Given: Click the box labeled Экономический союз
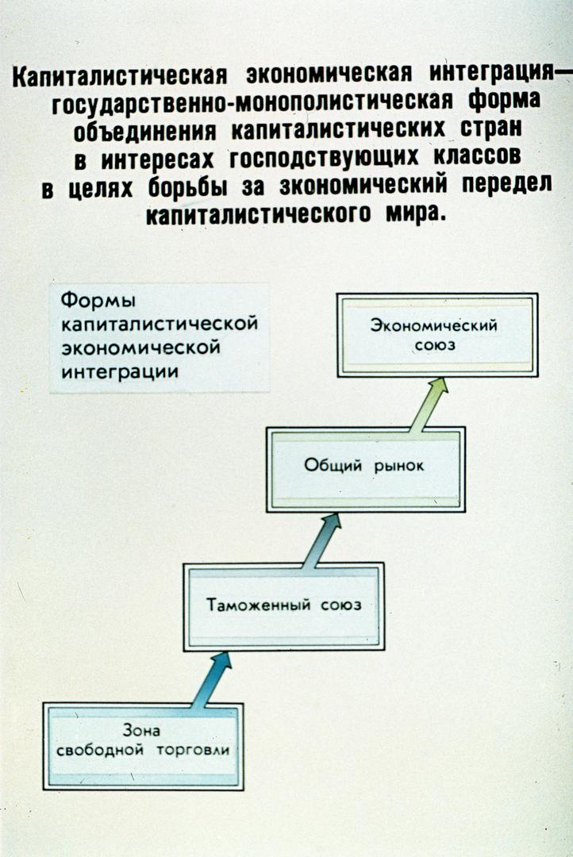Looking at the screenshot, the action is click(x=437, y=335).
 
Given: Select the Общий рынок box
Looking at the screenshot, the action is click(x=366, y=470).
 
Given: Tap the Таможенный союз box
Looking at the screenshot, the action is click(x=284, y=606).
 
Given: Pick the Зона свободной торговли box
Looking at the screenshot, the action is click(x=143, y=746).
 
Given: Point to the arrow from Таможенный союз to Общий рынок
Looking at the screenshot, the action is click(x=322, y=540).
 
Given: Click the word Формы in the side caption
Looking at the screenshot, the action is click(x=98, y=302).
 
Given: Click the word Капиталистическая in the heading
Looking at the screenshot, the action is click(x=120, y=76).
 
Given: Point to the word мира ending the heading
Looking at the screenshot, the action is click(x=417, y=212).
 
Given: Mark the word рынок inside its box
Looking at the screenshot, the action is click(x=399, y=467).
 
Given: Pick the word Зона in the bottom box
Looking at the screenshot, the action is click(x=141, y=730).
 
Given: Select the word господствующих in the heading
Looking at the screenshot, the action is click(x=325, y=159).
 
